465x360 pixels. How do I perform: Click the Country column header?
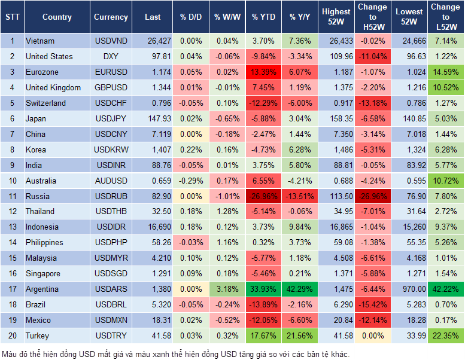pos(57,17)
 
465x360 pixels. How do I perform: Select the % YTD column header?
pos(264,17)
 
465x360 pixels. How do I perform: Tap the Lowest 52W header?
pos(409,17)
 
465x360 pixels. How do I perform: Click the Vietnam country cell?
pos(40,41)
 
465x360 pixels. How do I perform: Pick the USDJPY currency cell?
pos(111,118)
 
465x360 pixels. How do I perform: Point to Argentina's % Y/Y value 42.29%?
pos(300,289)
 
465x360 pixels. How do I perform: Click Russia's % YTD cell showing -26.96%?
pos(264,196)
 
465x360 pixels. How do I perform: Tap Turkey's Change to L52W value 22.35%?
pos(445,335)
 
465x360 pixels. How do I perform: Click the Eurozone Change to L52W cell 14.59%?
pos(445,72)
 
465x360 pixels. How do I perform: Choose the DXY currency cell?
pos(111,56)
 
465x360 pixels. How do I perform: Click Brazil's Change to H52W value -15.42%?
pos(372,304)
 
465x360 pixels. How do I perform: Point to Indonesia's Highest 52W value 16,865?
pos(336,227)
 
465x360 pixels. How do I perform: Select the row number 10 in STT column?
pos(12,181)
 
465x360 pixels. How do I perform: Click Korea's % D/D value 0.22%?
pos(191,150)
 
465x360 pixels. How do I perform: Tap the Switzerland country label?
pos(45,103)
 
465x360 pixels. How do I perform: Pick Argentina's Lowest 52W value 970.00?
pos(409,289)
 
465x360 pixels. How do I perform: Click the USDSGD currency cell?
pos(111,273)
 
